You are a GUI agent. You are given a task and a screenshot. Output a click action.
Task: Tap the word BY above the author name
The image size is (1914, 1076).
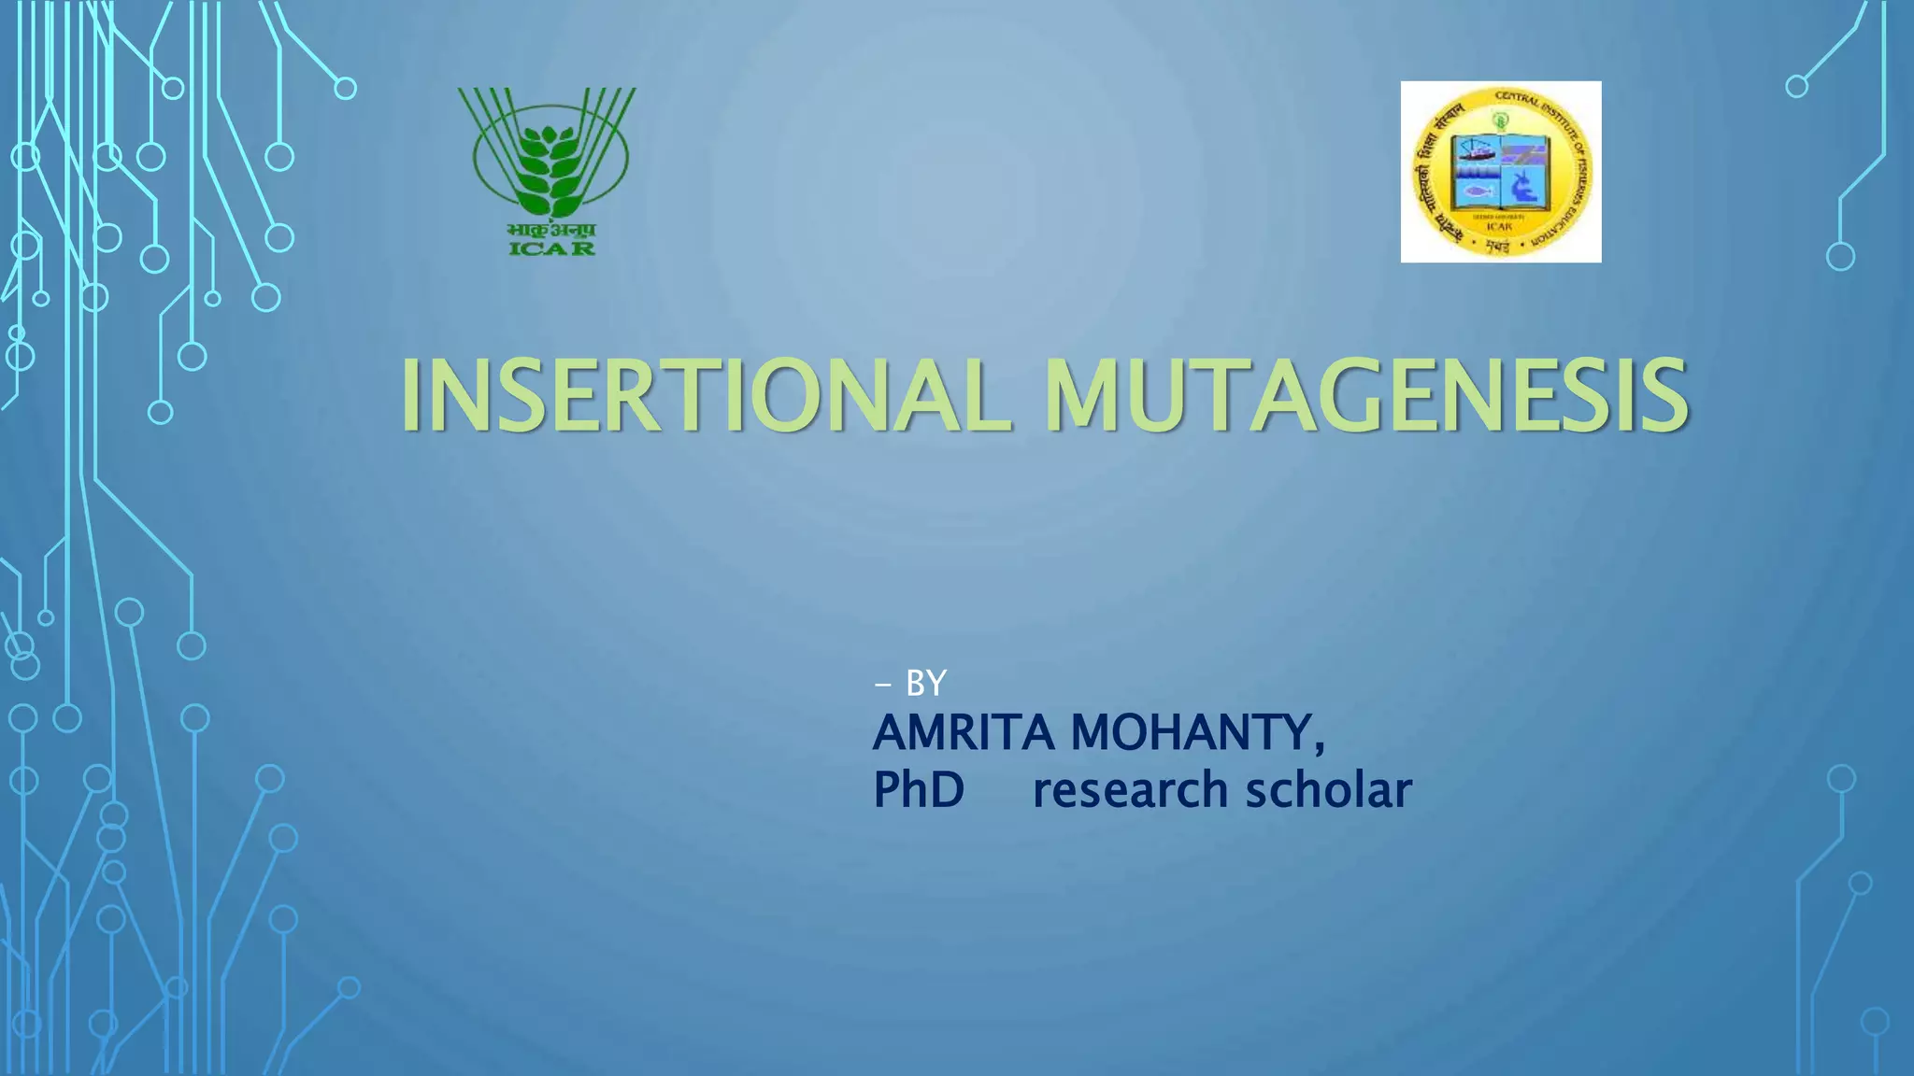(926, 684)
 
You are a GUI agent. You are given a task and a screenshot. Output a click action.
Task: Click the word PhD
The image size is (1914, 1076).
(919, 790)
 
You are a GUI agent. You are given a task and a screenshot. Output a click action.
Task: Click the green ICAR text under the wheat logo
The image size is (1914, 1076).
(551, 248)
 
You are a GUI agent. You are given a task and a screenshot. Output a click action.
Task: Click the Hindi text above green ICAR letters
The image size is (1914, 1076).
(551, 230)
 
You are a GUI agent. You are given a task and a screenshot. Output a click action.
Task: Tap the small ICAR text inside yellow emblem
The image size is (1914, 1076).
(1499, 226)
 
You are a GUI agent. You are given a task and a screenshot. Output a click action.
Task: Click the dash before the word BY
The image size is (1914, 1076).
(882, 685)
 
